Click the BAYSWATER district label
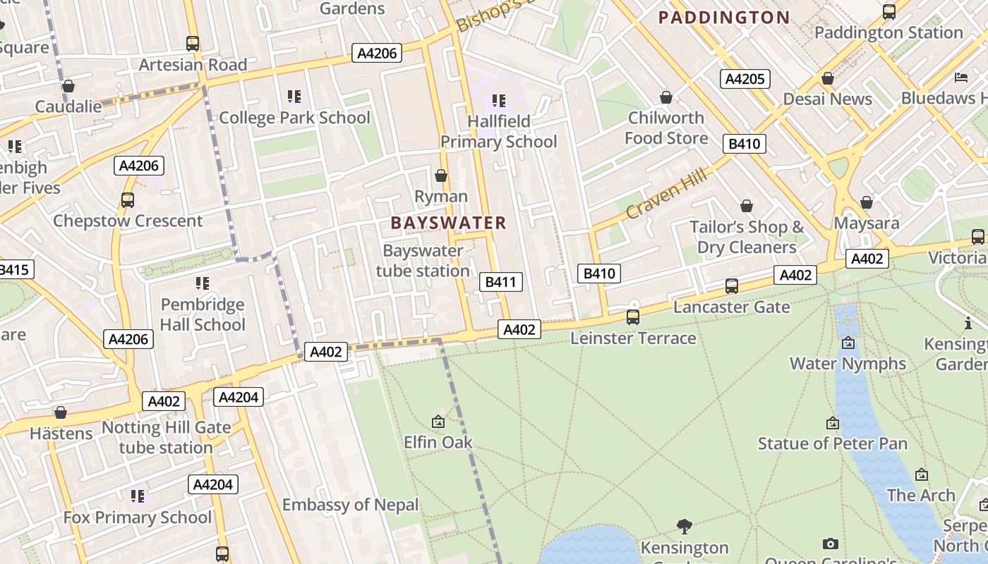pos(448,223)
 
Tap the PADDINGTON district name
pos(724,18)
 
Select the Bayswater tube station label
pos(423,261)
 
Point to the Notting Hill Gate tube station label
pos(167,437)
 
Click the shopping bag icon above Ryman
pos(441,176)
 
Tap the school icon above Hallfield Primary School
pos(499,101)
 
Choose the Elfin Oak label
pos(438,442)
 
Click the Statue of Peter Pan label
pos(832,443)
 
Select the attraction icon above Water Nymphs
pos(848,343)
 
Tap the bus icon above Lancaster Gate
pos(732,286)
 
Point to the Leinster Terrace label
pos(633,338)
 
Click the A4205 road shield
pos(745,78)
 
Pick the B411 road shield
pos(501,282)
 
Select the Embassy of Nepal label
pos(350,505)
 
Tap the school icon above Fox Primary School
pos(138,496)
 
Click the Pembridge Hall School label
pos(203,314)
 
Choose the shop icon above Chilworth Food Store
pos(665,97)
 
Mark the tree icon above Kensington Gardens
pos(684,526)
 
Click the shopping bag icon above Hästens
pos(61,412)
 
